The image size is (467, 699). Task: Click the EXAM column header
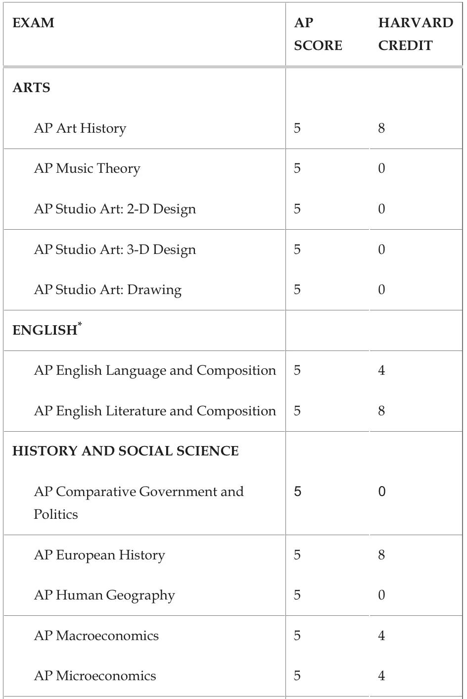click(x=33, y=23)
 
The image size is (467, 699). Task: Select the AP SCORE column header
click(x=318, y=34)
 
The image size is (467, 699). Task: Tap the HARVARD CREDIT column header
click(x=415, y=34)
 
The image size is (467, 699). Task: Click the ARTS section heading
click(x=31, y=88)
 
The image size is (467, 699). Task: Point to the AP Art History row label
click(x=80, y=128)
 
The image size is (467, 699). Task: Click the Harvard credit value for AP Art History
click(x=381, y=128)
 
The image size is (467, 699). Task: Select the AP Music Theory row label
click(x=87, y=169)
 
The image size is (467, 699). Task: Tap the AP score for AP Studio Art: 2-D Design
click(x=297, y=209)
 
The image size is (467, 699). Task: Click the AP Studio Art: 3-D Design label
click(x=115, y=250)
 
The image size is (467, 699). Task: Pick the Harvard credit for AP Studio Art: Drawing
click(x=381, y=290)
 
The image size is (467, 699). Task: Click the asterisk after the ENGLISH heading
click(x=80, y=324)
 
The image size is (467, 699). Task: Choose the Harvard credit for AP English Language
click(x=381, y=370)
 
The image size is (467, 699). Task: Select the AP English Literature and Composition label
click(x=155, y=411)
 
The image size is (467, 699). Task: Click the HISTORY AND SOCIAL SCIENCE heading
click(x=126, y=451)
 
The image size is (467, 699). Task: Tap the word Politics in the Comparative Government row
click(x=56, y=514)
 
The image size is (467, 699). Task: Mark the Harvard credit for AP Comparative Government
click(x=381, y=492)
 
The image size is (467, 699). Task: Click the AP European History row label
click(x=99, y=555)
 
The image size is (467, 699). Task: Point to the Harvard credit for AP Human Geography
click(x=381, y=595)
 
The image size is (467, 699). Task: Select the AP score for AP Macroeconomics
click(x=297, y=636)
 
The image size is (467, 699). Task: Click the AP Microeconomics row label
click(x=95, y=676)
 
